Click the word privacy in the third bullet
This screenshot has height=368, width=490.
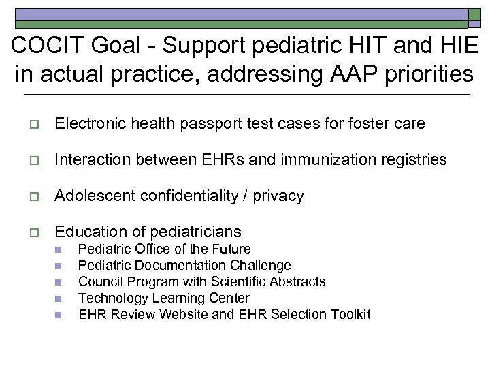tap(278, 196)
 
